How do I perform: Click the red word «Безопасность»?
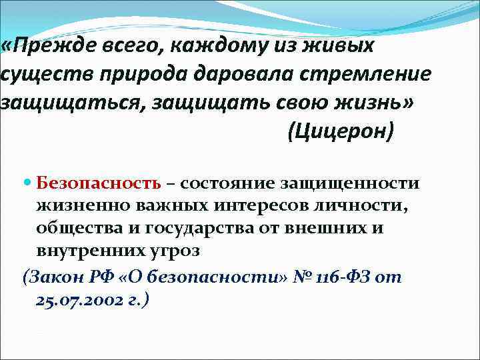(99, 183)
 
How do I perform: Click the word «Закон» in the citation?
(53, 277)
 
